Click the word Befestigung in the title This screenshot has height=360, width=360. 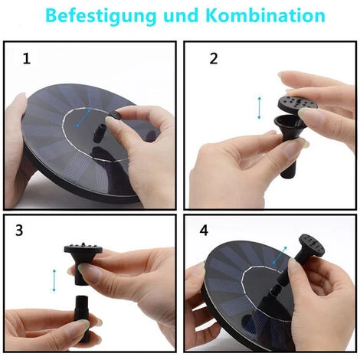(101, 16)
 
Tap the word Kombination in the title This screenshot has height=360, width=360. (265, 15)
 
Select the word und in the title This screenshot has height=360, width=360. (181, 15)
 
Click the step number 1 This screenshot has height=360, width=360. (27, 58)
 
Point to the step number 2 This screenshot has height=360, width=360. (214, 58)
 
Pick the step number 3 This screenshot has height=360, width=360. (19, 230)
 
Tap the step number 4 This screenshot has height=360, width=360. (204, 231)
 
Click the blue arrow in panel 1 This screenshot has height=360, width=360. (83, 118)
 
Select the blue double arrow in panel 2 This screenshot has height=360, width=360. (259, 108)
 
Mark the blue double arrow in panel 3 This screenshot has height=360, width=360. (54, 280)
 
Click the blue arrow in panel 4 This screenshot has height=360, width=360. (280, 255)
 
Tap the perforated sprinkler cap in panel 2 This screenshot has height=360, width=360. (297, 103)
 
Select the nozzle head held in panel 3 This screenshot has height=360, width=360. (83, 262)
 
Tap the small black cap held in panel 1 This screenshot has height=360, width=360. (116, 115)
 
